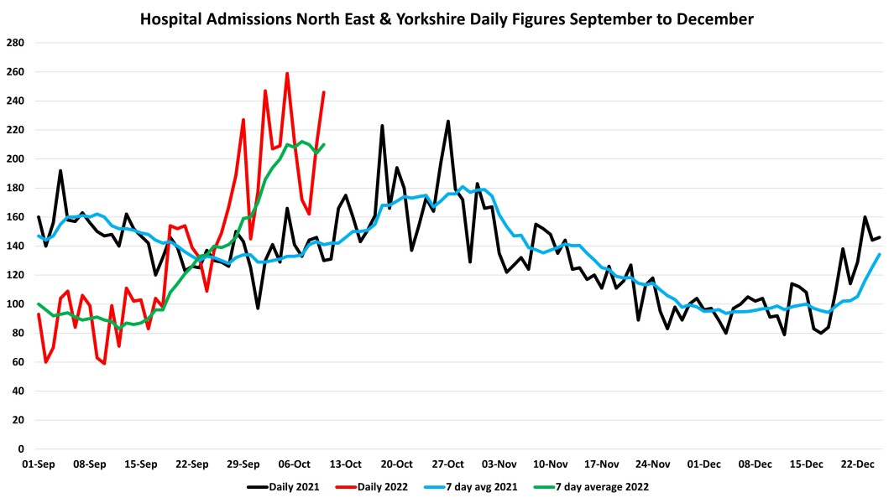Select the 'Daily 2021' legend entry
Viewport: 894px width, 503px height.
tap(283, 486)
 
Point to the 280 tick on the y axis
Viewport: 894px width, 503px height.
tap(16, 43)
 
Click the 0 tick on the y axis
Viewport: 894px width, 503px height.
tap(22, 449)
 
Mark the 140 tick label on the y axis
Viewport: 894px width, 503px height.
tap(16, 246)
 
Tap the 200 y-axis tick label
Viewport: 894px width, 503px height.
tap(16, 158)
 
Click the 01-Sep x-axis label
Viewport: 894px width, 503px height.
tap(39, 464)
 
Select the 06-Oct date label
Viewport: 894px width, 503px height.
tap(295, 464)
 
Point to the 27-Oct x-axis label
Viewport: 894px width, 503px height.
tap(448, 464)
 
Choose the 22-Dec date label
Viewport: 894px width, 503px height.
tap(857, 464)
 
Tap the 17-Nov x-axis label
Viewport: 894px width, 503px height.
tap(602, 464)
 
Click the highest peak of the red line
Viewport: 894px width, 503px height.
tap(287, 73)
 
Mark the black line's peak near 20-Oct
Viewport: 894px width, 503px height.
tap(383, 126)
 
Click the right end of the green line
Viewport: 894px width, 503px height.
tap(324, 144)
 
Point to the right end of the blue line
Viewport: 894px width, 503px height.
tap(879, 254)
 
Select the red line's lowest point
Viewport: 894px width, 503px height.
tap(104, 364)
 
